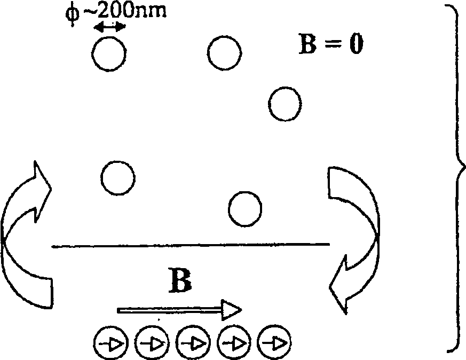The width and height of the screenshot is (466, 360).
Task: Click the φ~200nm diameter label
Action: [x=120, y=11]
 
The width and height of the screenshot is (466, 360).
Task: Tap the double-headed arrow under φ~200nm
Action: [x=110, y=27]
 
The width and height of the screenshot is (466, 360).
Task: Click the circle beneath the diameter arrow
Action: [x=109, y=54]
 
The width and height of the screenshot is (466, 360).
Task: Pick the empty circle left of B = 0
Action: [x=224, y=53]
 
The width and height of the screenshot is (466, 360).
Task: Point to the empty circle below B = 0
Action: [x=285, y=104]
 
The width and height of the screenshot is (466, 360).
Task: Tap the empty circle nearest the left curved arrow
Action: [x=118, y=177]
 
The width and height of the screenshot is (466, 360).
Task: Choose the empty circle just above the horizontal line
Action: [x=245, y=207]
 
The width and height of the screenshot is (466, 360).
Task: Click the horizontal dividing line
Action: [x=191, y=245]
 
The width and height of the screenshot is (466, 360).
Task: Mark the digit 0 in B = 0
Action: [x=356, y=46]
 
